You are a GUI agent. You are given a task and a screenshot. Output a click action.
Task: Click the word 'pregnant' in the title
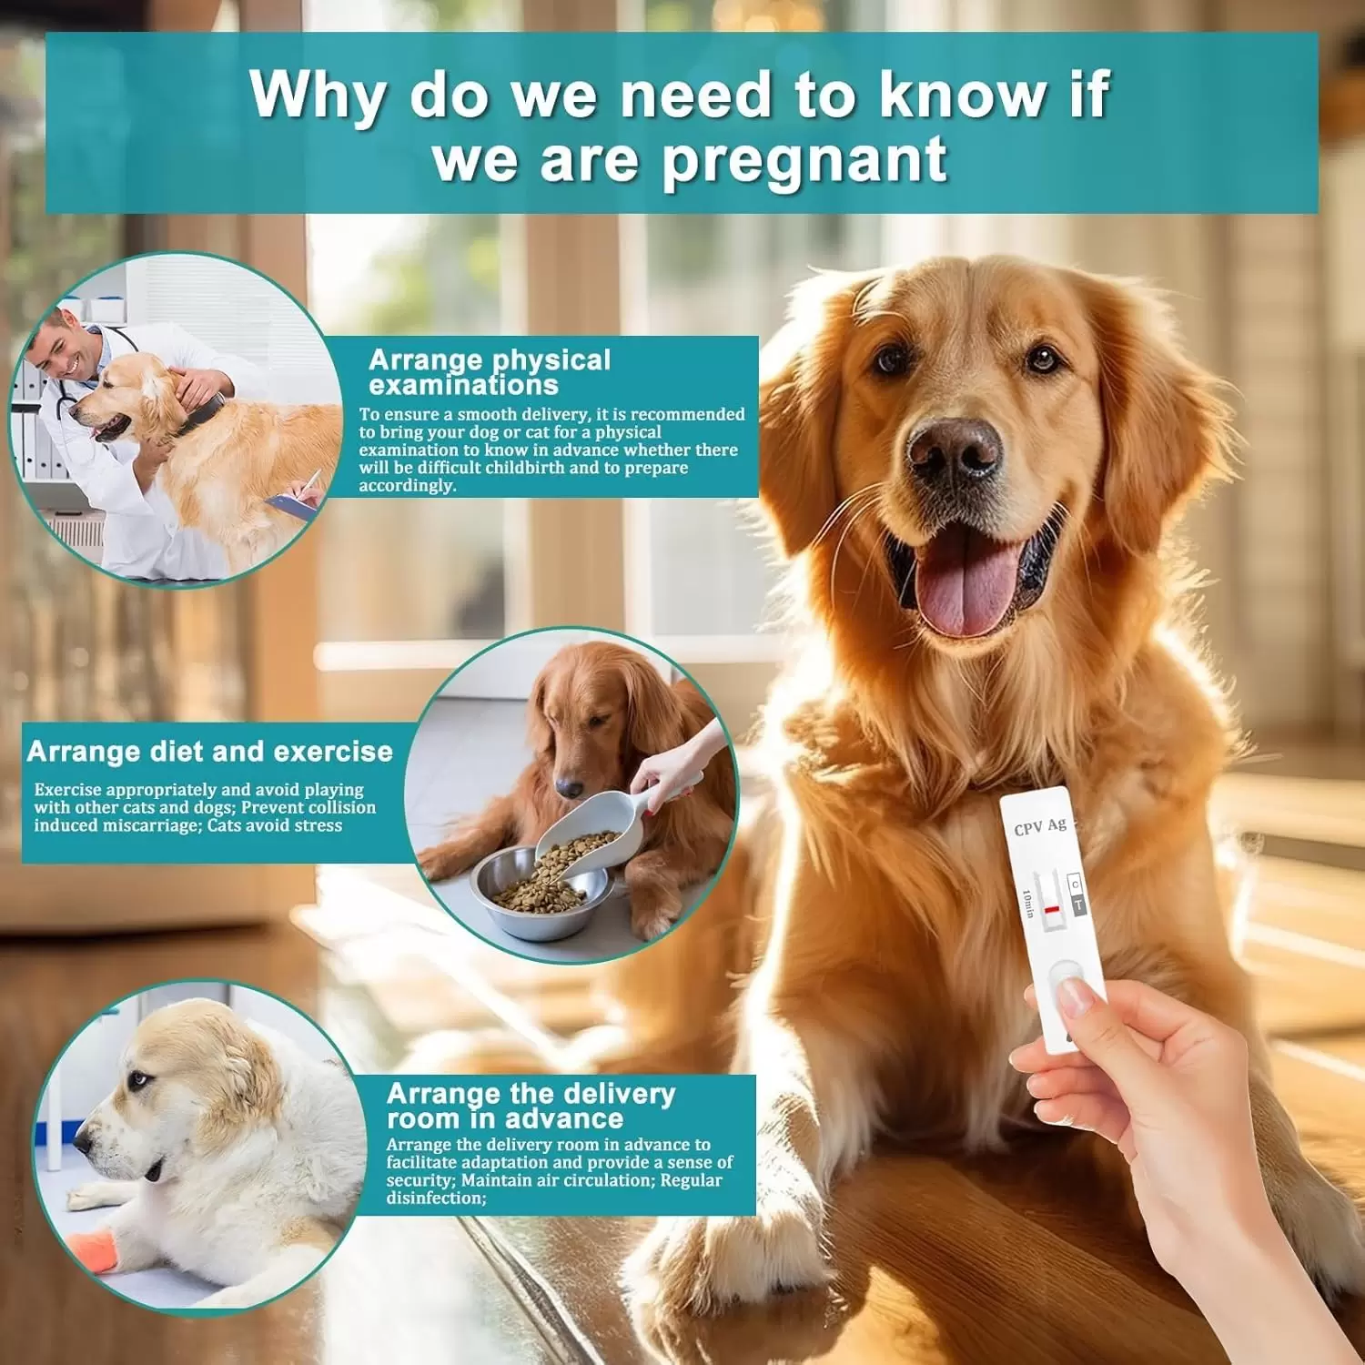tap(804, 160)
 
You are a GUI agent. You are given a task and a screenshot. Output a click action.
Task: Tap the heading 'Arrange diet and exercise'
tap(210, 752)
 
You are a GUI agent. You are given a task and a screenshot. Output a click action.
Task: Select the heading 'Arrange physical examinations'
tap(490, 372)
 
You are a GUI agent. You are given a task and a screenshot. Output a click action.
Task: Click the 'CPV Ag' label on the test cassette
tap(1040, 827)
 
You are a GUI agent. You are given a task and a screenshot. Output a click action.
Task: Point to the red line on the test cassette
tap(1052, 909)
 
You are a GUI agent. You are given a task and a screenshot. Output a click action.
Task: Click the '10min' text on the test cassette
tap(1027, 904)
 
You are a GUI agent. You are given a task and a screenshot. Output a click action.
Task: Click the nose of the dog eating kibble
tap(569, 786)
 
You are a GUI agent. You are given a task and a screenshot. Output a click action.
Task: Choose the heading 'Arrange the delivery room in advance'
tap(531, 1106)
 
